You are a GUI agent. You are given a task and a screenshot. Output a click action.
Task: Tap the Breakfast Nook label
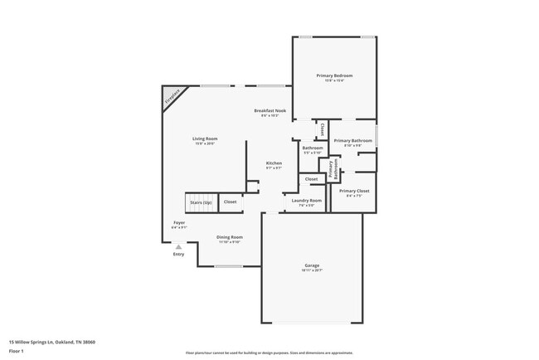(269, 110)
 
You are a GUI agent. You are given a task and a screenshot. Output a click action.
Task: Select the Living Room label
(205, 139)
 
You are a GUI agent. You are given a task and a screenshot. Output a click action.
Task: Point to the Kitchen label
(274, 163)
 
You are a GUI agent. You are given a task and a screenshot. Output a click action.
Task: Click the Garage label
(311, 265)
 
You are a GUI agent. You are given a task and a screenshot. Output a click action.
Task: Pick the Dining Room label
(230, 237)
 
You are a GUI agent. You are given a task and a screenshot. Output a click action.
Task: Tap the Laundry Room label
(307, 200)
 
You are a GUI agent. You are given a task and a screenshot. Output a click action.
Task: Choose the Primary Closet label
(354, 191)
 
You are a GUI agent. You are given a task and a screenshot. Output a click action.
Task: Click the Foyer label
(179, 222)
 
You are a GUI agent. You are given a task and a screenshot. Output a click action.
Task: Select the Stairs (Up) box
(201, 202)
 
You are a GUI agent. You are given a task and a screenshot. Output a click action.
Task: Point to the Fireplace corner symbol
(172, 97)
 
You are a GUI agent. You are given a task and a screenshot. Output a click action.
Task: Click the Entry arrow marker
(178, 246)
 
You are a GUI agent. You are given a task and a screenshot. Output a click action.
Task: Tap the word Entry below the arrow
(178, 255)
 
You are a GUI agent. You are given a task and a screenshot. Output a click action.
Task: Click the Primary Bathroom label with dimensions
(353, 141)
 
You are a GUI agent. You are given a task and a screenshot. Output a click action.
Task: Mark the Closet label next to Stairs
(230, 202)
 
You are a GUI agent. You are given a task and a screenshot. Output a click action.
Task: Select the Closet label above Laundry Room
(311, 179)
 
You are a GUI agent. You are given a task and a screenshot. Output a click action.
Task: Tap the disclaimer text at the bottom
(269, 353)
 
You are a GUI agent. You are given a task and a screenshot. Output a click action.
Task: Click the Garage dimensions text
(311, 270)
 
